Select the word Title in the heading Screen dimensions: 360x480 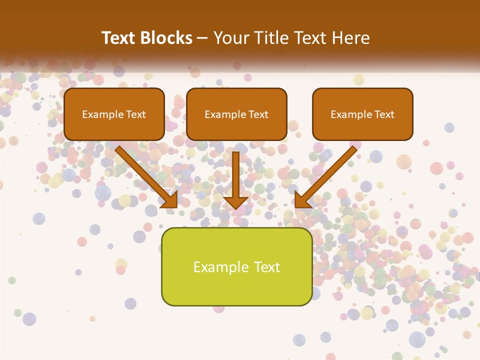(270, 38)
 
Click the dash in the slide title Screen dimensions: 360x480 (202, 38)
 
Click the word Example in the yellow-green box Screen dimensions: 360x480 (221, 267)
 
